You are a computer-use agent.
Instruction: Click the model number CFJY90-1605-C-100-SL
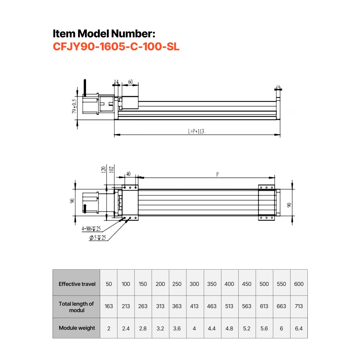point(116,47)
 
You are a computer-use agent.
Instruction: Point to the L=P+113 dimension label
point(196,132)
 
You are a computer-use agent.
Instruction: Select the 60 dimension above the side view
point(130,82)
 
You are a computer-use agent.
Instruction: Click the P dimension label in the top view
point(217,174)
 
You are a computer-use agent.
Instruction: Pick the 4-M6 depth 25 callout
point(91,228)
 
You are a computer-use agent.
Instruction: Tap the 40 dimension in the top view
point(128,174)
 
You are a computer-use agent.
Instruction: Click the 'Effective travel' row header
point(77,284)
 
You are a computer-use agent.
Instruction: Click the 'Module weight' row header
point(77,328)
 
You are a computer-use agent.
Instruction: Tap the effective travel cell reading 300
point(194,284)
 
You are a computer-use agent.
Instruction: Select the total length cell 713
point(298,306)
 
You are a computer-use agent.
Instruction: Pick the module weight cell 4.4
point(212,328)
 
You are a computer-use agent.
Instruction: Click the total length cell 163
point(109,306)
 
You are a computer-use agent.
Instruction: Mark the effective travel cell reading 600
point(298,284)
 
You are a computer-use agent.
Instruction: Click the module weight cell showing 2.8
point(143,328)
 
